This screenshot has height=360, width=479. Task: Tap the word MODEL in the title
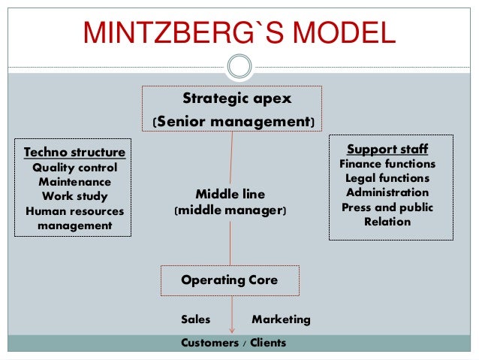pyautogui.click(x=342, y=34)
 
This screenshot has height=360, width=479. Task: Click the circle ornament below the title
pyautogui.click(x=239, y=67)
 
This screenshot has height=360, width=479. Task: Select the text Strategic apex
pyautogui.click(x=236, y=98)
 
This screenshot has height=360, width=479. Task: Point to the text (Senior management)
pyautogui.click(x=233, y=121)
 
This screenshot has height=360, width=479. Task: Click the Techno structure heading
pyautogui.click(x=74, y=153)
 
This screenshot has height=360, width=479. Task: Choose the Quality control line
pyautogui.click(x=74, y=168)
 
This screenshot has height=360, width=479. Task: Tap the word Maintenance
pyautogui.click(x=74, y=182)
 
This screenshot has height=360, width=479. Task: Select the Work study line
pyautogui.click(x=74, y=196)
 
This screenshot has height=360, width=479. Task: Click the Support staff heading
pyautogui.click(x=387, y=148)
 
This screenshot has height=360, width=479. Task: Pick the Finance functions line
pyautogui.click(x=387, y=163)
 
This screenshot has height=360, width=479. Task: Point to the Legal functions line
pyautogui.click(x=387, y=178)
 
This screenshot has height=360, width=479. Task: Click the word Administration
pyautogui.click(x=387, y=192)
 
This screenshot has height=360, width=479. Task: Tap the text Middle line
pyautogui.click(x=230, y=194)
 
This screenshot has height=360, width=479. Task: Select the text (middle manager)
pyautogui.click(x=230, y=212)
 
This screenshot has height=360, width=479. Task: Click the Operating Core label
pyautogui.click(x=230, y=280)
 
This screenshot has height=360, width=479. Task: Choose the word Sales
pyautogui.click(x=196, y=319)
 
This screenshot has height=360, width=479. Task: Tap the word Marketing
pyautogui.click(x=281, y=319)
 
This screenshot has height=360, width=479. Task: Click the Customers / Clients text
pyautogui.click(x=233, y=343)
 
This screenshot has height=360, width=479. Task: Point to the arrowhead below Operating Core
pyautogui.click(x=233, y=327)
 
